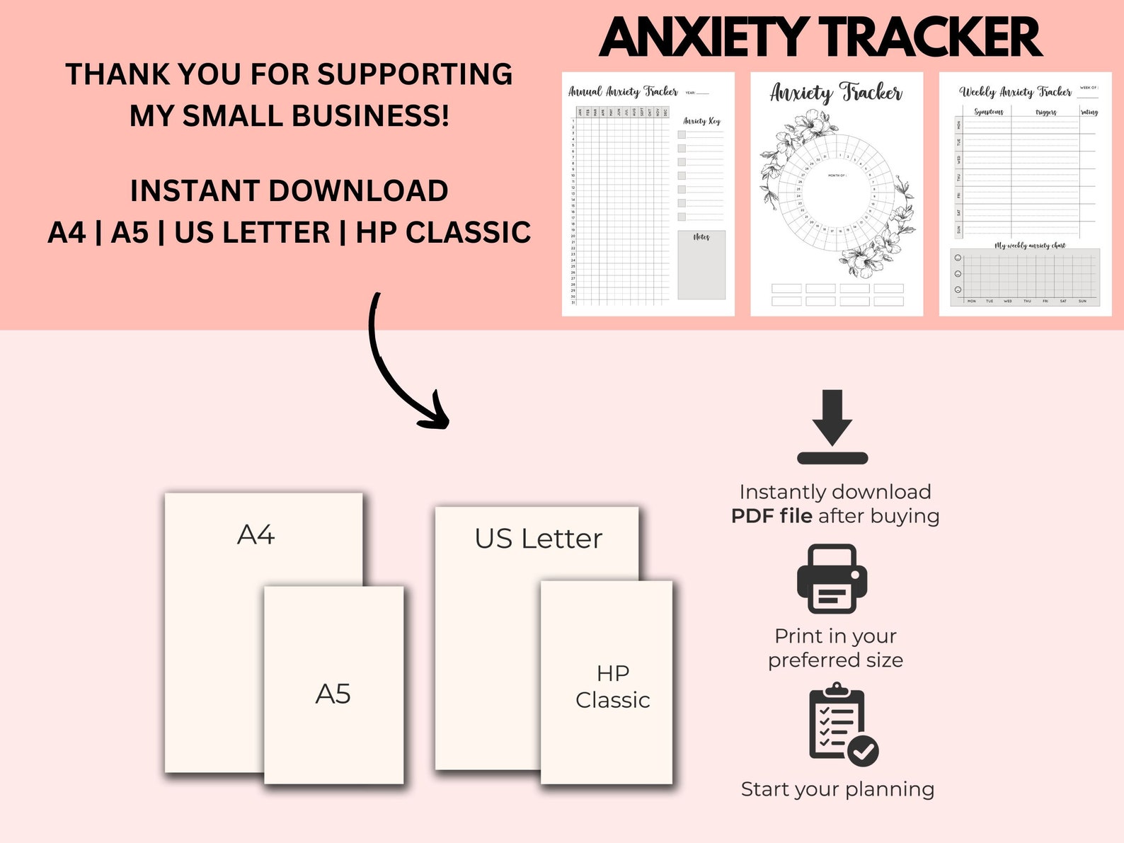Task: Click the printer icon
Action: coord(832,578)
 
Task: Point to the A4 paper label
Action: coord(256,535)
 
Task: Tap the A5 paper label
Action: coord(333,694)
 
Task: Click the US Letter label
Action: coord(538,539)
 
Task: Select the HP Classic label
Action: coord(612,687)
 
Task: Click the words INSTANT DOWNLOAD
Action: coord(289,191)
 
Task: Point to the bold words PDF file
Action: coord(772,516)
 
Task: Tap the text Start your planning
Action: coord(837,789)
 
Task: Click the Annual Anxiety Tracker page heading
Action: coord(623,91)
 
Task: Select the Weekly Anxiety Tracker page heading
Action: coord(1015,91)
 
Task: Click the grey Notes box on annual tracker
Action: coord(701,265)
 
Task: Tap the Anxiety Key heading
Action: coord(701,121)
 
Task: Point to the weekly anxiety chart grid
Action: coord(1025,277)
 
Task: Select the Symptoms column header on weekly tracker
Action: coord(988,112)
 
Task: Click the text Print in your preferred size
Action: coord(836,648)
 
